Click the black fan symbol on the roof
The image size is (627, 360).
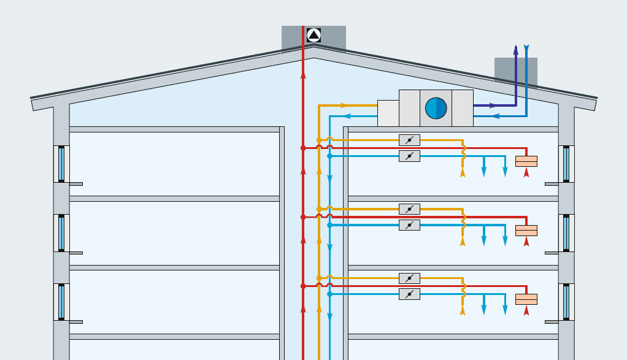point(313,35)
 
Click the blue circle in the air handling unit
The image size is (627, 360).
point(436,109)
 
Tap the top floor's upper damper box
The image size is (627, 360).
point(409,140)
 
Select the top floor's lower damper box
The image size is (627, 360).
point(409,156)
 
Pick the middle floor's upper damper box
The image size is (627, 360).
point(409,209)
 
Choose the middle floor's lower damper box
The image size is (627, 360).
point(409,225)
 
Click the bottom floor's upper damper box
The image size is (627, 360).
point(409,278)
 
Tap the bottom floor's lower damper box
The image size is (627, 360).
point(409,294)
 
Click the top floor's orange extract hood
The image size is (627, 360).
point(526,161)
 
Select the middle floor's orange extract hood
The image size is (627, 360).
point(526,230)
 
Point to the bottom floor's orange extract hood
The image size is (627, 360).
point(526,299)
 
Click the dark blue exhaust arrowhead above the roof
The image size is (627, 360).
point(516,49)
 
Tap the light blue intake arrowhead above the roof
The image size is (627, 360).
point(526,47)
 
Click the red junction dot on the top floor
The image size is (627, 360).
point(303,148)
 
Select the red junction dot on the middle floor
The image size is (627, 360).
point(303,217)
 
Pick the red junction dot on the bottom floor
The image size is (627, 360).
point(303,286)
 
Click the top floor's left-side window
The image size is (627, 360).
point(61,164)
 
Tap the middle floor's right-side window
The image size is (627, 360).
point(566,233)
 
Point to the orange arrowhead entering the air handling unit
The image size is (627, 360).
point(344,105)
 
